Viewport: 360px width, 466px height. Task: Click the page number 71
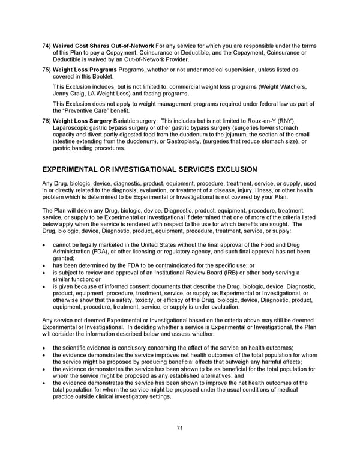[x=179, y=428]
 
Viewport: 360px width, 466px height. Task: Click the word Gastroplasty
[x=206, y=142]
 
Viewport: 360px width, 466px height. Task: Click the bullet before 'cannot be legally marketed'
[x=46, y=245]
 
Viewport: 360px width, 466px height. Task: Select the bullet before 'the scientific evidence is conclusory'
[x=46, y=348]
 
